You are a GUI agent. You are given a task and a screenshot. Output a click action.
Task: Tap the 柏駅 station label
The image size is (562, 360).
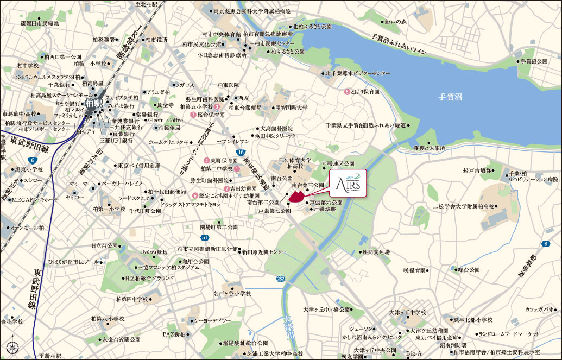(93, 101)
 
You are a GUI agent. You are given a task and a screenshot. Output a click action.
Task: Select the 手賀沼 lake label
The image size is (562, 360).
(450, 97)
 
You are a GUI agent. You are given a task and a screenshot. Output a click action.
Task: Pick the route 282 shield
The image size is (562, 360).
(280, 278)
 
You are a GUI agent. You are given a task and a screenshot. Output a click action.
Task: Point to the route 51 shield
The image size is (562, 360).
(204, 238)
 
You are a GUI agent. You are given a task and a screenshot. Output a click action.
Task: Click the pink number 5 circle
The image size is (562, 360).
(347, 92)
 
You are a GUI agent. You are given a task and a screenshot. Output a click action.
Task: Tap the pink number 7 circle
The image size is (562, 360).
(193, 115)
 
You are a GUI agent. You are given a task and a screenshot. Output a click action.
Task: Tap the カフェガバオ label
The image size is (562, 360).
(539, 309)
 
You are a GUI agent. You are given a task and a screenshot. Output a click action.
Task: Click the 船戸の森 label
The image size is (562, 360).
(395, 22)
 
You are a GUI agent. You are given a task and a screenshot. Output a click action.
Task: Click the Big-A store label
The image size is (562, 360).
(414, 354)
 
